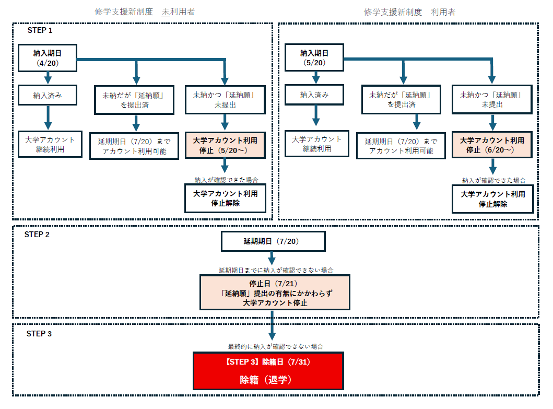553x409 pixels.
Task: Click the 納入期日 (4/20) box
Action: click(48, 58)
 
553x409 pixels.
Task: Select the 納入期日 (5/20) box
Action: click(314, 58)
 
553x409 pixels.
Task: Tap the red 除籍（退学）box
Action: click(268, 371)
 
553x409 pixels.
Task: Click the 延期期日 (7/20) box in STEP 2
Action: click(273, 241)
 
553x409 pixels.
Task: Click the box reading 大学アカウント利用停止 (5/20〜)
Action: click(225, 145)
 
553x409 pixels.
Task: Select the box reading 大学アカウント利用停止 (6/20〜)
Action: click(492, 145)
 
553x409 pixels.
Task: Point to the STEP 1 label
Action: click(40, 30)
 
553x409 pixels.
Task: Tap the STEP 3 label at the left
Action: click(39, 334)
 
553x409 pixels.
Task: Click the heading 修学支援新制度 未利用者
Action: click(145, 11)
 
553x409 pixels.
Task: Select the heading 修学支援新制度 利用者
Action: click(409, 12)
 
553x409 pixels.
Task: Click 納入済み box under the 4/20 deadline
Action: click(48, 95)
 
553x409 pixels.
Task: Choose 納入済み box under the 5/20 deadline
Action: click(314, 95)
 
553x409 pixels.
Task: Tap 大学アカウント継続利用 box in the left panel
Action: click(50, 144)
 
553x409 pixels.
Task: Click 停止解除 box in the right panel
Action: click(492, 199)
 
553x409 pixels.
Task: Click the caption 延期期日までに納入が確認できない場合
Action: click(276, 270)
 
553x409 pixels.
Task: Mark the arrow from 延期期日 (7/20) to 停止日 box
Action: click(272, 259)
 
